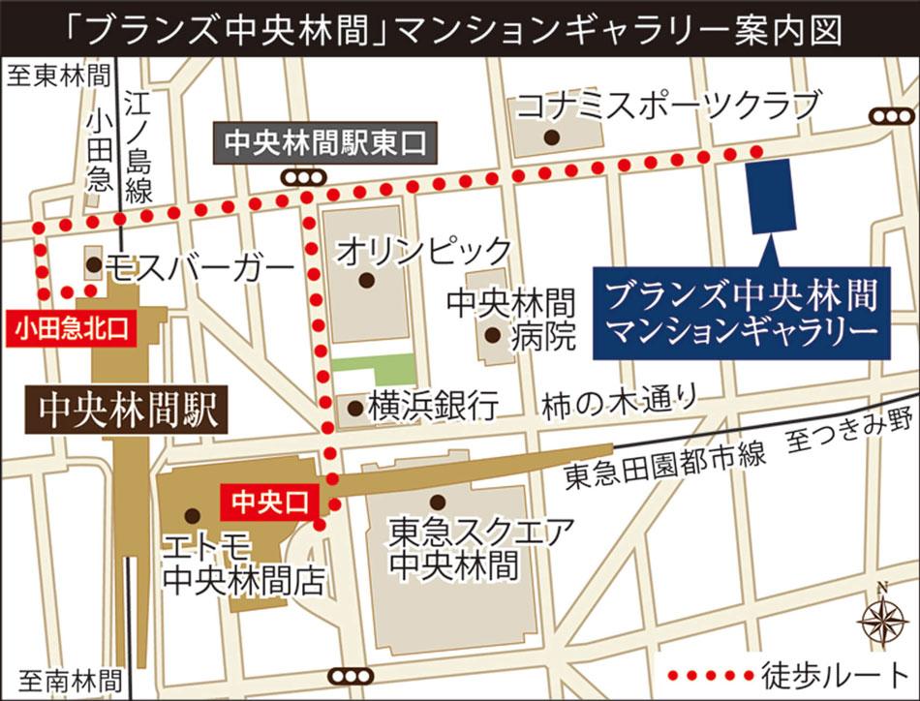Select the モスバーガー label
click(199, 265)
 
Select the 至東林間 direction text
click(58, 76)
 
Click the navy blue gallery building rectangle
click(772, 197)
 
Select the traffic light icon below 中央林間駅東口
click(302, 177)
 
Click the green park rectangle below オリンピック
click(374, 369)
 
